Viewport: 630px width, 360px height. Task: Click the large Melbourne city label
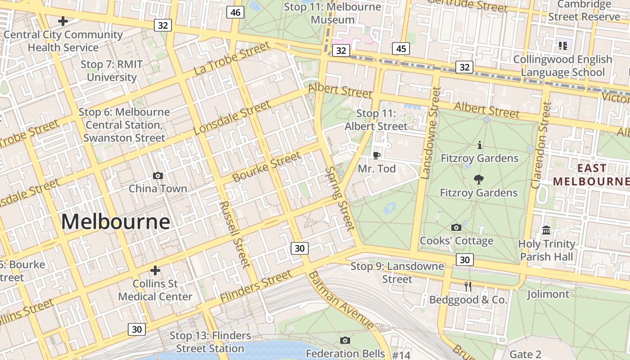tap(116, 222)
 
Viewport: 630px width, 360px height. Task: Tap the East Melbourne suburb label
tap(591, 175)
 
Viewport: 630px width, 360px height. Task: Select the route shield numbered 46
tap(235, 12)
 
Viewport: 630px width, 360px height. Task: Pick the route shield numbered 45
tap(400, 49)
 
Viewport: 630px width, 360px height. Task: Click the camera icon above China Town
tap(158, 175)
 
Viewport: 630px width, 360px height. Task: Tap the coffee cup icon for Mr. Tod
tap(377, 156)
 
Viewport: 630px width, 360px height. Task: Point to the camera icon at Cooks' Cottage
tap(456, 228)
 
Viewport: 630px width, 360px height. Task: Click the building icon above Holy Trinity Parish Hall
tap(547, 230)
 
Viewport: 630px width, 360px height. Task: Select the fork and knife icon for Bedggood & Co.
tap(468, 287)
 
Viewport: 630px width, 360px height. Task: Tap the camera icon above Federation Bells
tap(345, 340)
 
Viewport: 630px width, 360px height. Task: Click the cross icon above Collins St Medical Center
tap(155, 270)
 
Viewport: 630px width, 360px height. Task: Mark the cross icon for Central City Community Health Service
tap(63, 21)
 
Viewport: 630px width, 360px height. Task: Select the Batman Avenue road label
tap(341, 300)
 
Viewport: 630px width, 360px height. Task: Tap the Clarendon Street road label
tap(541, 145)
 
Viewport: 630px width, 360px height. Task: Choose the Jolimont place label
tap(548, 294)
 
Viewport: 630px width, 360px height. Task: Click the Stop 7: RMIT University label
tap(112, 71)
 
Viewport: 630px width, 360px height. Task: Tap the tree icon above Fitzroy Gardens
tap(479, 180)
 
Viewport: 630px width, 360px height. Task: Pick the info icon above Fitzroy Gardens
tap(480, 145)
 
